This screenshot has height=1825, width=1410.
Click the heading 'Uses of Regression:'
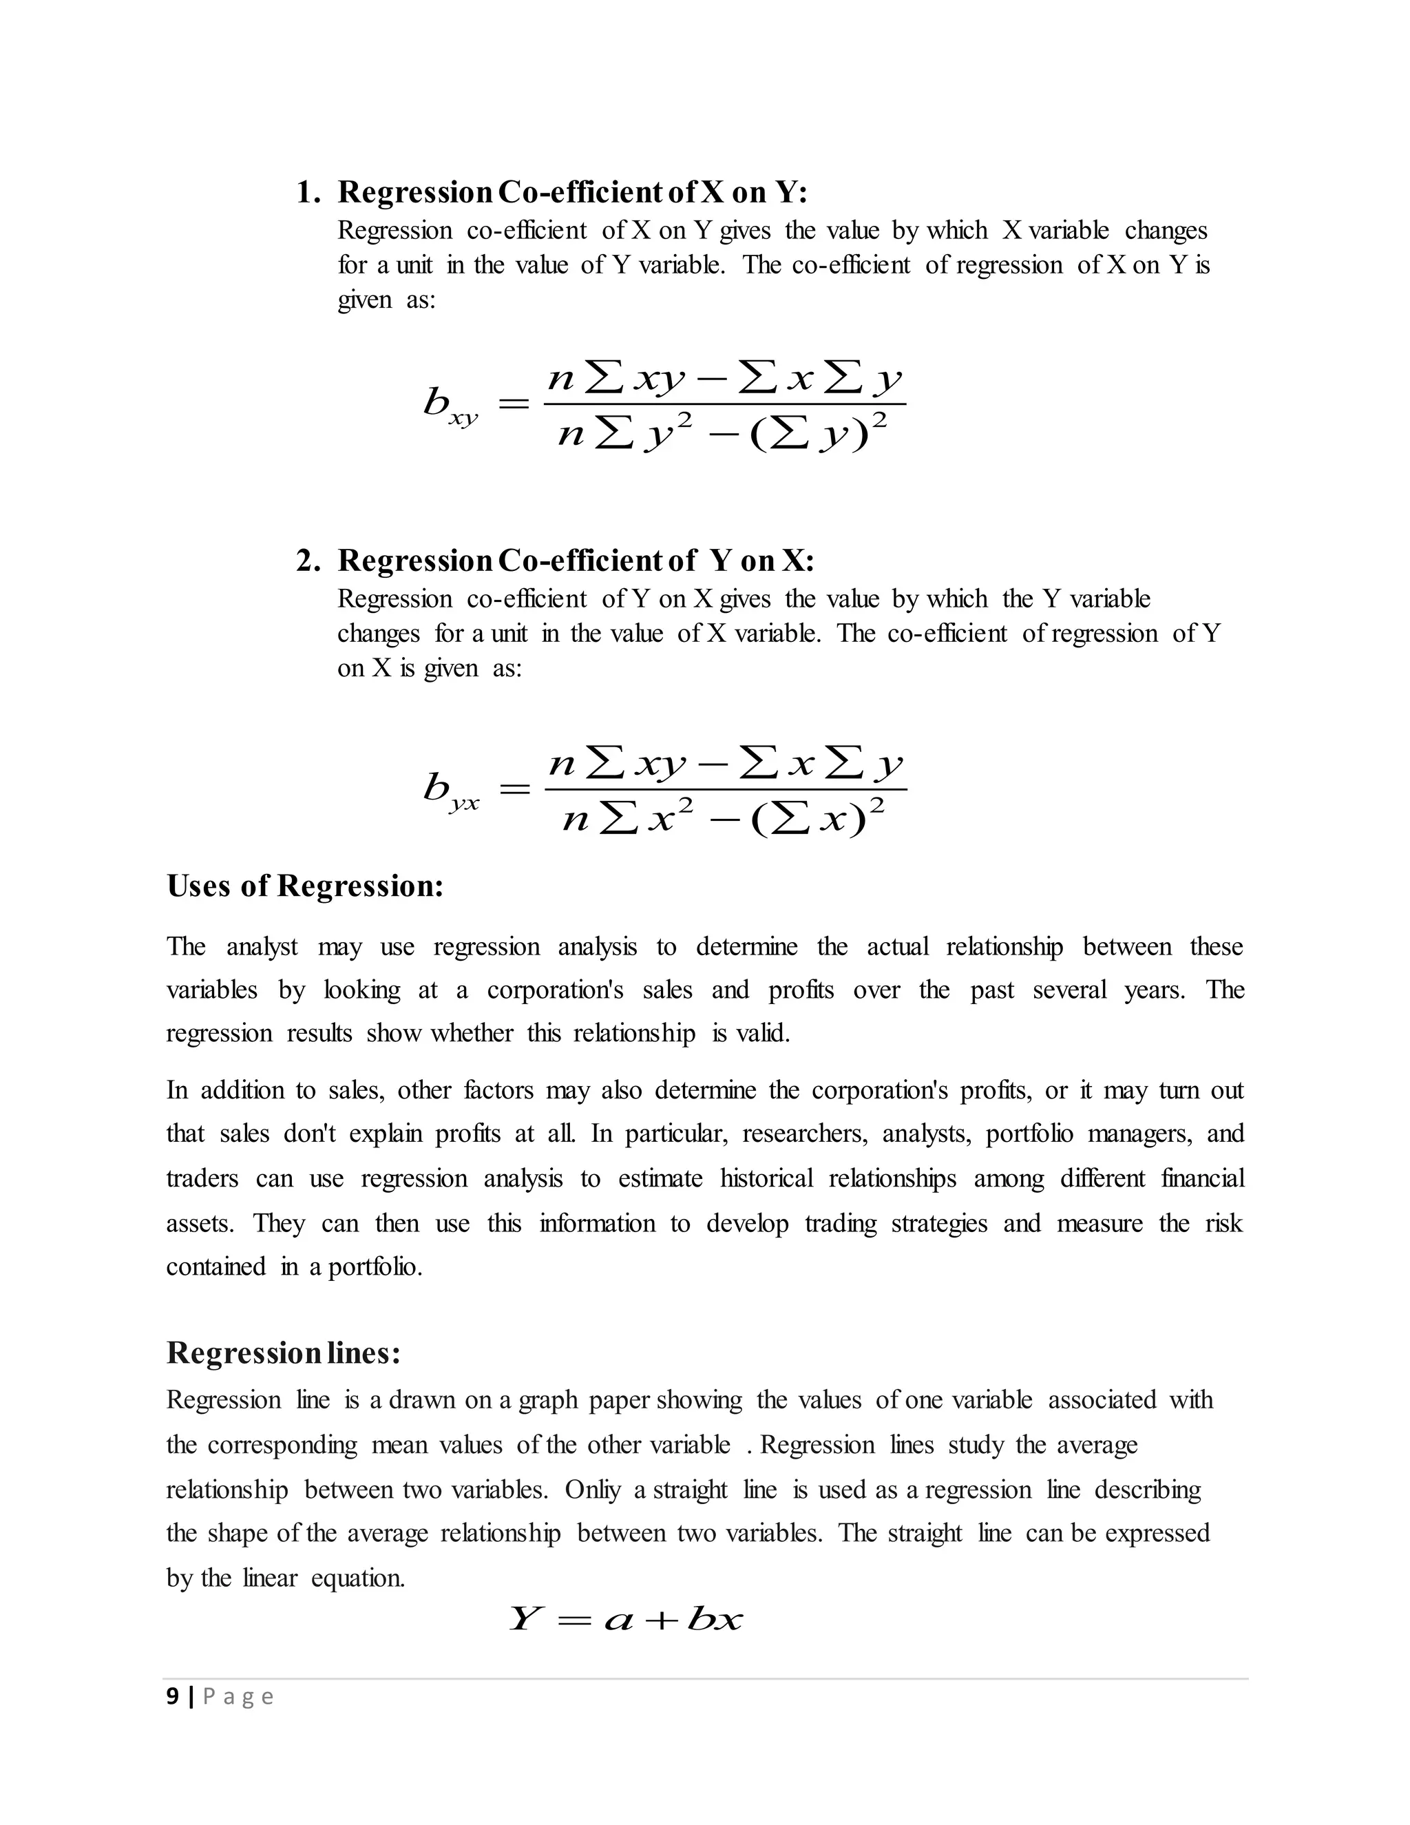pyautogui.click(x=305, y=886)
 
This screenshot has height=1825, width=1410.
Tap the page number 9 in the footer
pyautogui.click(x=172, y=1696)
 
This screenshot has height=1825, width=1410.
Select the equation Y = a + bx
pyautogui.click(x=625, y=1620)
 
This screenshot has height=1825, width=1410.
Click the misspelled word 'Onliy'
pyautogui.click(x=592, y=1490)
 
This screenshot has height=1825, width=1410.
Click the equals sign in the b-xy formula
pyautogui.click(x=513, y=404)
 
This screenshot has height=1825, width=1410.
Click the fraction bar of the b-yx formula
pyautogui.click(x=725, y=789)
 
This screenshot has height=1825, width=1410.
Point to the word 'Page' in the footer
pyautogui.click(x=238, y=1697)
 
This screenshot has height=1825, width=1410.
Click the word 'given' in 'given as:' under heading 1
pyautogui.click(x=364, y=300)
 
